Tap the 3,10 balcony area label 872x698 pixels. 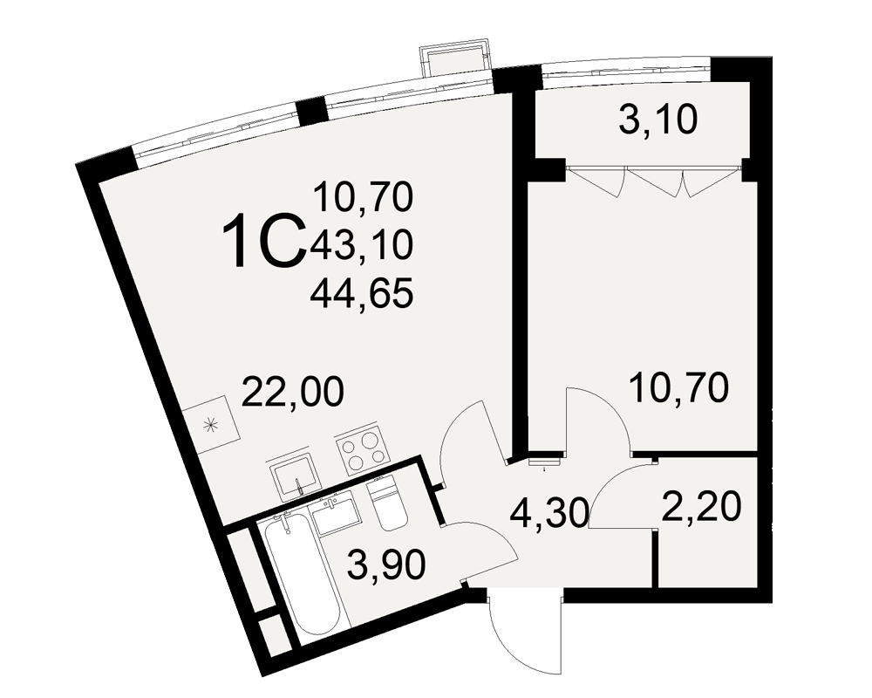click(657, 120)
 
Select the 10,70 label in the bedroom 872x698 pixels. click(678, 388)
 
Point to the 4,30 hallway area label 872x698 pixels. click(548, 512)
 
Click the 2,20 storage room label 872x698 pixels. click(701, 507)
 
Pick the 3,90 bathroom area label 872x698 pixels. click(385, 565)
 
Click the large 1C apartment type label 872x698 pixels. click(265, 241)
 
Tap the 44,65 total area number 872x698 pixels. click(362, 293)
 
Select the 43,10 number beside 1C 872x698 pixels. click(363, 245)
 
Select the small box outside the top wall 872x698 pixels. click(456, 60)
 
